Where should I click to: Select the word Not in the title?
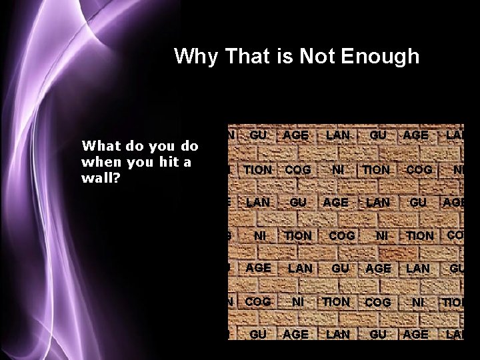click(317, 57)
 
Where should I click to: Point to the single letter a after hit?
click(187, 163)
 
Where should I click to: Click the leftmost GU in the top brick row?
click(258, 135)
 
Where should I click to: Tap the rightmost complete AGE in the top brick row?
click(416, 135)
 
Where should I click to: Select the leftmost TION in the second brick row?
click(258, 170)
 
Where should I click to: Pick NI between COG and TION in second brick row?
click(337, 170)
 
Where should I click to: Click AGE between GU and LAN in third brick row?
click(335, 202)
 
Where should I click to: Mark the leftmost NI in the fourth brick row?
click(260, 235)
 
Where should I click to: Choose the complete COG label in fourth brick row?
click(341, 235)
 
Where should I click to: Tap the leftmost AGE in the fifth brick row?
click(258, 268)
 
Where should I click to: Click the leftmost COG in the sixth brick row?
click(258, 301)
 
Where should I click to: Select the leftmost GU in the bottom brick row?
click(258, 334)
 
